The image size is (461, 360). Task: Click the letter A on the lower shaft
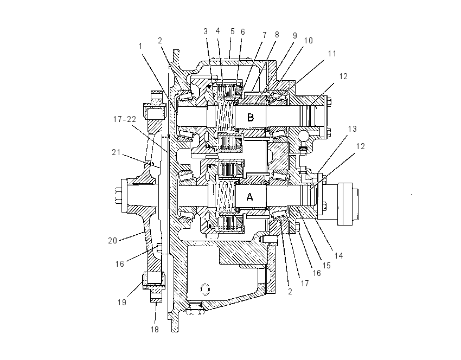249,197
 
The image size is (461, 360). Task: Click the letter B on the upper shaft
250,117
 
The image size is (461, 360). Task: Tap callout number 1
140,46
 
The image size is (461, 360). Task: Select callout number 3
206,31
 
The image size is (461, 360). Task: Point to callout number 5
233,31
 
